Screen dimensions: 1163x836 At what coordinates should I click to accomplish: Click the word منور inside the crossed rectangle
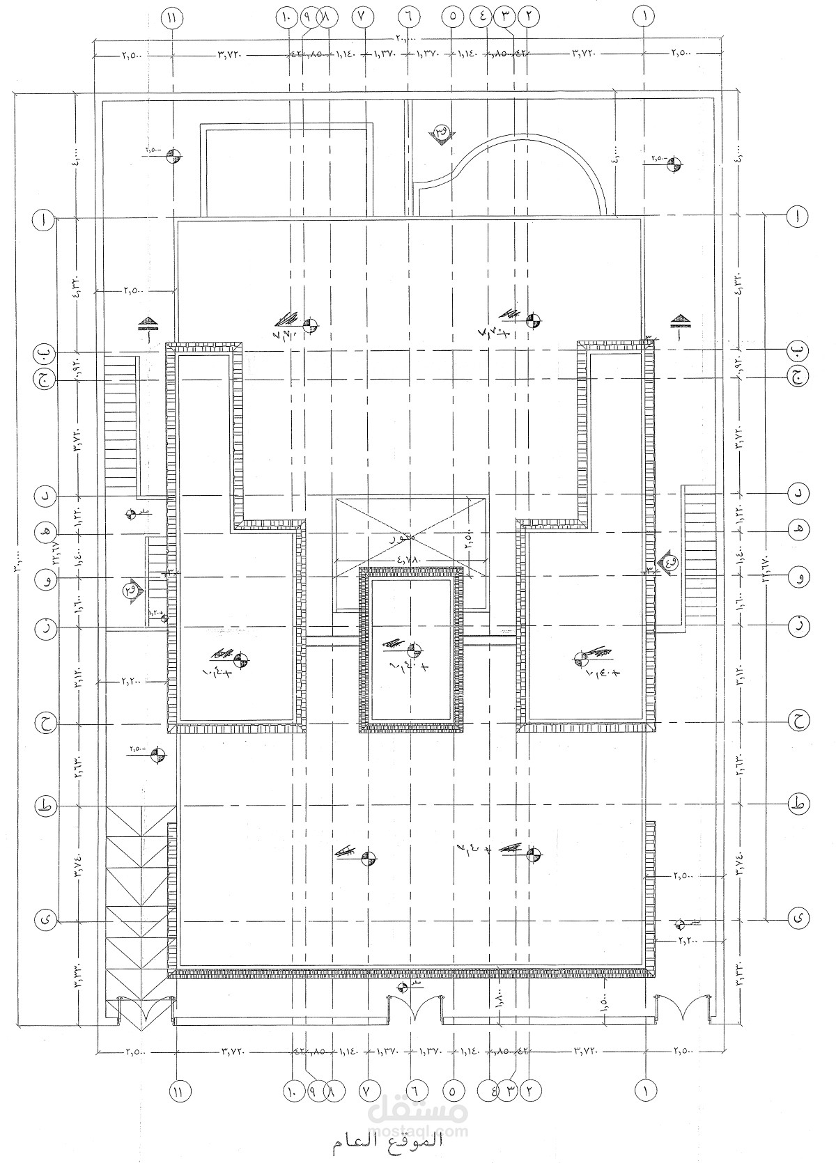[x=405, y=538]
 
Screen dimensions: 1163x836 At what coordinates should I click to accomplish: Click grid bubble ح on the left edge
[x=44, y=724]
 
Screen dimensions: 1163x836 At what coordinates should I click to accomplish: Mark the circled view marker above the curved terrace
[x=442, y=132]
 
